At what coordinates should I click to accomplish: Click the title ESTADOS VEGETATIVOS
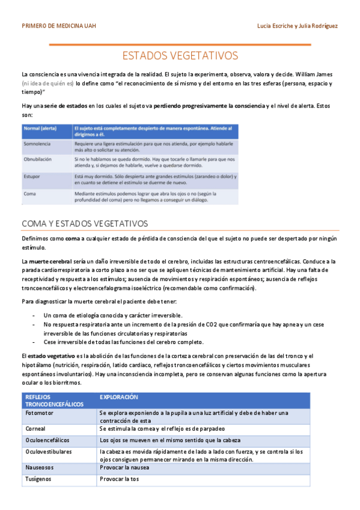tap(180, 56)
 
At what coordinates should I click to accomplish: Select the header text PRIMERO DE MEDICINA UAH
tap(58, 26)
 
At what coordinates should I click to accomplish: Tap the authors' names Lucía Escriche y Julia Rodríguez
tap(296, 26)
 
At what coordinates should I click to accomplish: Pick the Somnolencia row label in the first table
tap(37, 145)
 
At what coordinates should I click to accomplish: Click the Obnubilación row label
tap(37, 159)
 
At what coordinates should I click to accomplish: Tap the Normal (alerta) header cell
tap(41, 128)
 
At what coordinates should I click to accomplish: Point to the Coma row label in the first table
tap(29, 194)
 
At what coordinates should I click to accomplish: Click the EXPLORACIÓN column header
tap(118, 398)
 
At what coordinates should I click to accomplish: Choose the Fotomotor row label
tap(39, 414)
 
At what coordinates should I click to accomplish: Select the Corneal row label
tap(35, 429)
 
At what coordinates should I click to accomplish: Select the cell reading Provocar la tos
tap(119, 479)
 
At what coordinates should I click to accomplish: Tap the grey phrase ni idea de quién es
tap(48, 84)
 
